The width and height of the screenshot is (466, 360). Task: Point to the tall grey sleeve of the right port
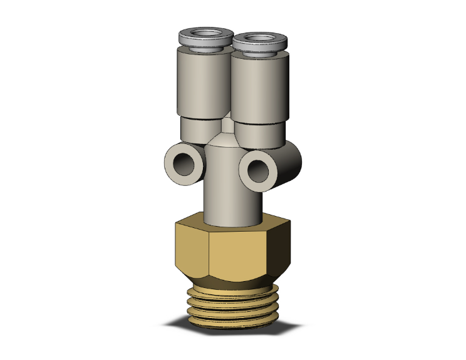259,91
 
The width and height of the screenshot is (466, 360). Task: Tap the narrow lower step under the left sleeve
195,130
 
